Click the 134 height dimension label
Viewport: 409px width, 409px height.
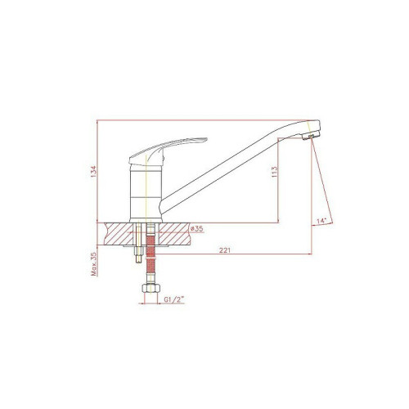(93, 172)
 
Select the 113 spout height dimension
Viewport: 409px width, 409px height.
(274, 172)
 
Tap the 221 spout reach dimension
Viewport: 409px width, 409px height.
(225, 250)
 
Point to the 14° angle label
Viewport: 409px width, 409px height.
(321, 221)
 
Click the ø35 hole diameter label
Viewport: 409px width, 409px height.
(197, 228)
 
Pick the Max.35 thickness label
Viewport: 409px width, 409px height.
(94, 264)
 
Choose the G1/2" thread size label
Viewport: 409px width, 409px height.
(174, 299)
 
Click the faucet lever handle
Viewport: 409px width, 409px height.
(166, 151)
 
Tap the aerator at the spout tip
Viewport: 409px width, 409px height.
(311, 136)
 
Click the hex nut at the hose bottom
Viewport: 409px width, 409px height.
(151, 289)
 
